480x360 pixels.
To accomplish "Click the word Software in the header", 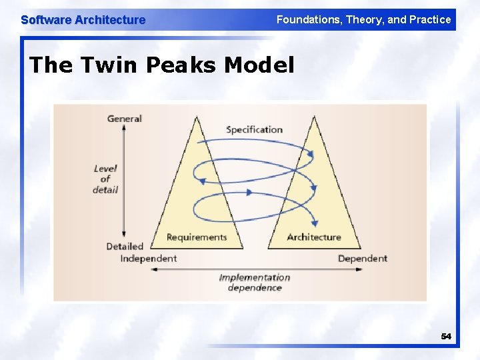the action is pyautogui.click(x=46, y=20).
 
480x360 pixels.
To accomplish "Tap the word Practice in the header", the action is pyautogui.click(x=430, y=20).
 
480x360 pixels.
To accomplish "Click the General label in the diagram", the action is pyautogui.click(x=125, y=119).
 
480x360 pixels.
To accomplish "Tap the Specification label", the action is pyautogui.click(x=254, y=129).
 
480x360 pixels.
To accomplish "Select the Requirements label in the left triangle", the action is pyautogui.click(x=197, y=237).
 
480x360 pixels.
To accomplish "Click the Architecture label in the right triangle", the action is pyautogui.click(x=313, y=237).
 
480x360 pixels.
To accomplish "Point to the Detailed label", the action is pyautogui.click(x=125, y=246).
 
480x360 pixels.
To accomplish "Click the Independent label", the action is pyautogui.click(x=148, y=258).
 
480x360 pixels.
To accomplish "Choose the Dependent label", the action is pyautogui.click(x=362, y=258).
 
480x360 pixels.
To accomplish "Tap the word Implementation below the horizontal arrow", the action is pyautogui.click(x=255, y=277).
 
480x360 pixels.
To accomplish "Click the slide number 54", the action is pyautogui.click(x=446, y=337).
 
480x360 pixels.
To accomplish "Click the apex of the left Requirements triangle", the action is pyautogui.click(x=197, y=117).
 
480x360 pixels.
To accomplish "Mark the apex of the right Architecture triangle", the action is pyautogui.click(x=313, y=117).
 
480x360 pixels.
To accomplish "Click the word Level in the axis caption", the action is pyautogui.click(x=105, y=169).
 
